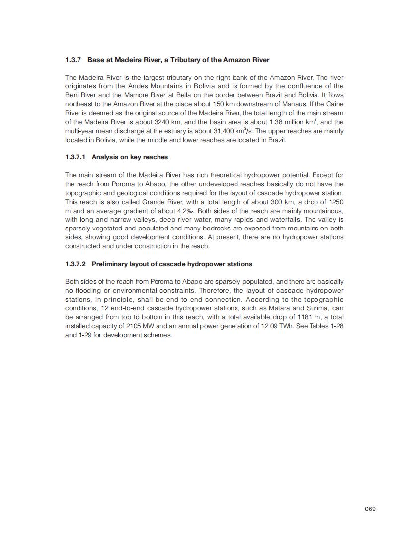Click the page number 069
[370, 508]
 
